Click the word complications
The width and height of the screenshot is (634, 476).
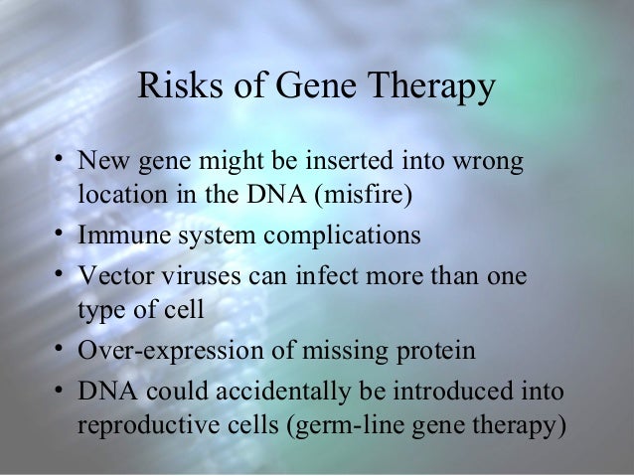click(337, 238)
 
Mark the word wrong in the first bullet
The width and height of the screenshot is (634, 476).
click(491, 160)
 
